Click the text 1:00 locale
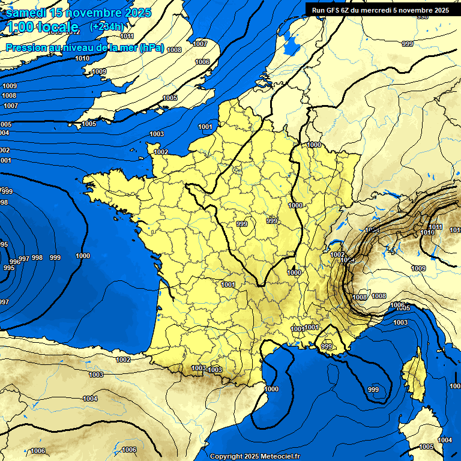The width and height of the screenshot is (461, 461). tap(42, 27)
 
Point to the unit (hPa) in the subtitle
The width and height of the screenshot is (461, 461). tap(151, 48)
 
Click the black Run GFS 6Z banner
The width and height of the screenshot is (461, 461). tap(380, 10)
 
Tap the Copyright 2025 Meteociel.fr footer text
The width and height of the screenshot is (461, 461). tap(255, 456)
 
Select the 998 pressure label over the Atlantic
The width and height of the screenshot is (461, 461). tap(37, 258)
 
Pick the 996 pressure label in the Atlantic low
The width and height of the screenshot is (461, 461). tap(15, 261)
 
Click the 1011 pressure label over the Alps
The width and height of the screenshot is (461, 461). tap(436, 227)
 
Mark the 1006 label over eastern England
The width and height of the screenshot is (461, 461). tap(202, 62)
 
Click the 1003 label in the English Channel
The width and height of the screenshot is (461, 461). tap(157, 134)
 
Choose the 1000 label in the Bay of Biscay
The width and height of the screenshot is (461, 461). tap(83, 256)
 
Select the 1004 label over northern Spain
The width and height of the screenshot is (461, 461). tap(90, 399)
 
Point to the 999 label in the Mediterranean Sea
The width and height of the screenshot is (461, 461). tap(373, 390)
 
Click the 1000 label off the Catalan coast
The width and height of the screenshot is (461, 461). tap(271, 389)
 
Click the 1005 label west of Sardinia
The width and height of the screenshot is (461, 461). tap(426, 447)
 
